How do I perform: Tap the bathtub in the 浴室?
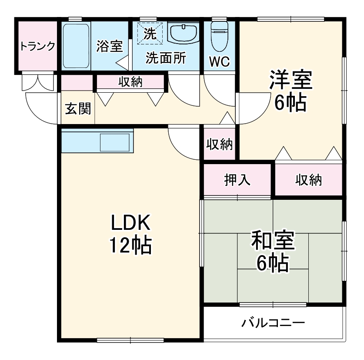click(76, 46)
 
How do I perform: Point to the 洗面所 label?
click(165, 58)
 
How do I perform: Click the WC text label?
click(219, 61)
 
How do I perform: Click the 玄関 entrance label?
click(78, 108)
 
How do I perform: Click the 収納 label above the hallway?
click(130, 81)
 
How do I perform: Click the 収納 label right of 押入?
click(309, 179)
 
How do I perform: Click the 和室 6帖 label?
click(273, 250)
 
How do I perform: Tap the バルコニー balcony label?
click(273, 323)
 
